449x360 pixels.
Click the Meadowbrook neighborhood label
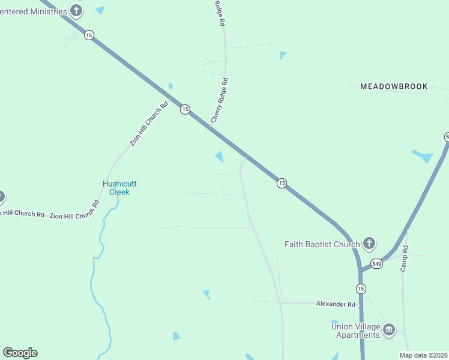394,86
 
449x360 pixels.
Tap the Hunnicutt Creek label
115,188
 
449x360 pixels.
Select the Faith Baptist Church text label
322,244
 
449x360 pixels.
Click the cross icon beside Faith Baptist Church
369,244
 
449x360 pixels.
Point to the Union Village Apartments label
356,331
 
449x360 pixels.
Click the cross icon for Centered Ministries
76,10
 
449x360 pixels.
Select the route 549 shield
376,264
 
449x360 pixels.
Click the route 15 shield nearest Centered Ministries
89,35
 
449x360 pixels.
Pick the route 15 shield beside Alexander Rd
360,289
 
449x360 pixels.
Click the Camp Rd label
405,258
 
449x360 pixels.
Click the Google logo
20,353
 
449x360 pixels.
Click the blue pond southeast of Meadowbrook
423,156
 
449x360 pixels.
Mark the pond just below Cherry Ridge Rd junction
220,157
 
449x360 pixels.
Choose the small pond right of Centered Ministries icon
99,10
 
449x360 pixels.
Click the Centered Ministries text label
33,11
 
